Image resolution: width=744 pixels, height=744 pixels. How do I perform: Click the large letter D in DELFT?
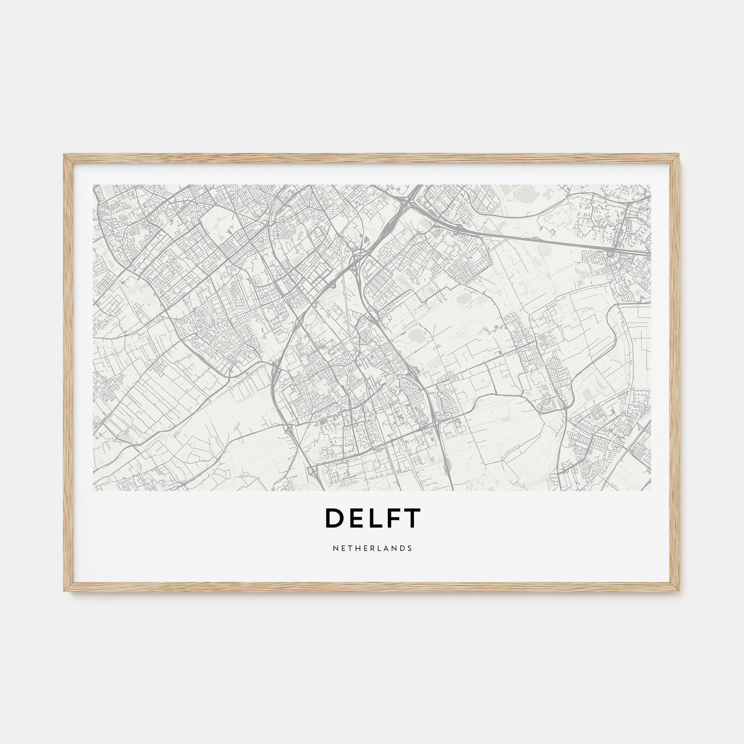tap(333, 519)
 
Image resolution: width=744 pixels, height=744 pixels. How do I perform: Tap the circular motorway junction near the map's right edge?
tap(611, 255)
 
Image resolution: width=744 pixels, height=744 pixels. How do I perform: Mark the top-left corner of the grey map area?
tap(94, 185)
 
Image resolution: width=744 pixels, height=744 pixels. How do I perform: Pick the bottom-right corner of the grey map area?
tap(650, 489)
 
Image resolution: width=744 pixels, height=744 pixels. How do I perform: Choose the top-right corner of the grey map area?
tap(650, 185)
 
